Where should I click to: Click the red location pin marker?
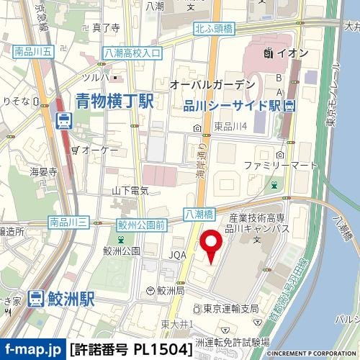tap(212, 247)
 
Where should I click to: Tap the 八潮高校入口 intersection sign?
tap(132, 53)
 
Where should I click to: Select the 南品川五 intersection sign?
tap(32, 53)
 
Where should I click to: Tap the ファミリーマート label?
tap(280, 166)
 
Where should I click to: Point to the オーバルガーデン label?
tap(208, 85)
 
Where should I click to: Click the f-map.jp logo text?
tap(32, 350)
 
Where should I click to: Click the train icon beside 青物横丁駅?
tap(63, 120)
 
